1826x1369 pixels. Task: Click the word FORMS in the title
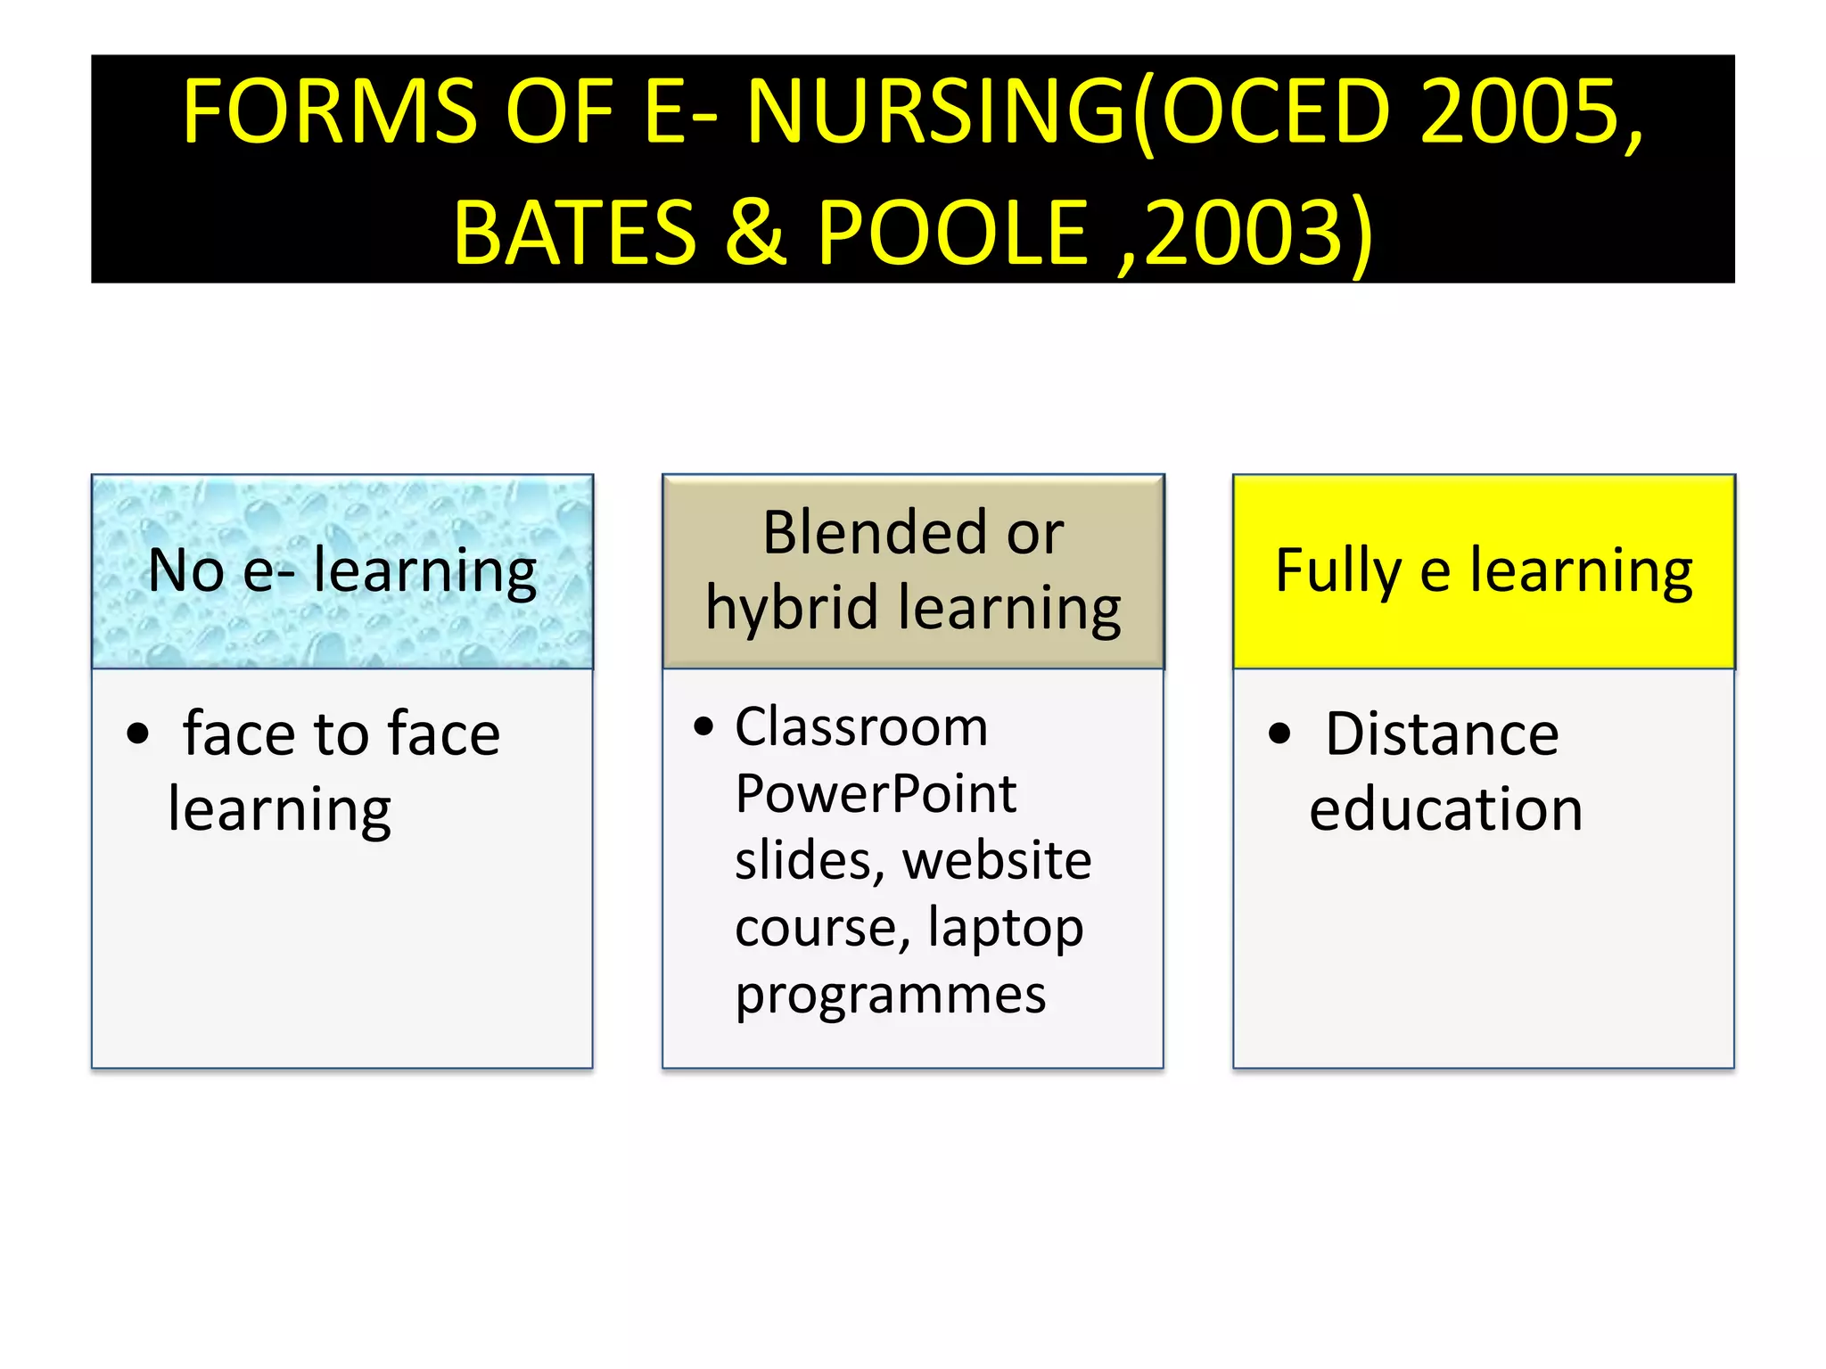[x=330, y=112]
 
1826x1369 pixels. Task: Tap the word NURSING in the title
[x=936, y=112]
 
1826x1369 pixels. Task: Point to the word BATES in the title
[x=575, y=234]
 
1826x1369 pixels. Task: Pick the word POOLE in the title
[x=953, y=234]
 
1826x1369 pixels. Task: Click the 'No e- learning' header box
[x=342, y=571]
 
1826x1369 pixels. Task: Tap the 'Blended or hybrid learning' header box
[x=913, y=571]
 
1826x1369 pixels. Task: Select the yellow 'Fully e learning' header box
[x=1484, y=571]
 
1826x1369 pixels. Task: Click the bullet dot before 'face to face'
[x=138, y=734]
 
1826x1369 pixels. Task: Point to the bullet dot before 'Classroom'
[x=703, y=727]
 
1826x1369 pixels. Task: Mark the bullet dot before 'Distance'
[x=1279, y=734]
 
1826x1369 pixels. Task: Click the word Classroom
[x=861, y=727]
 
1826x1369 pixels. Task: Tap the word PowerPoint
[x=876, y=794]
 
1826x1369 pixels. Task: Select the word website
[x=997, y=861]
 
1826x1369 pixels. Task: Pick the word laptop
[x=1006, y=929]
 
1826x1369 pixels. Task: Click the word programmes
[x=891, y=996]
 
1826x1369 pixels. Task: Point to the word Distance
[x=1442, y=734]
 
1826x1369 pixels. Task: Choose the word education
[x=1446, y=810]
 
